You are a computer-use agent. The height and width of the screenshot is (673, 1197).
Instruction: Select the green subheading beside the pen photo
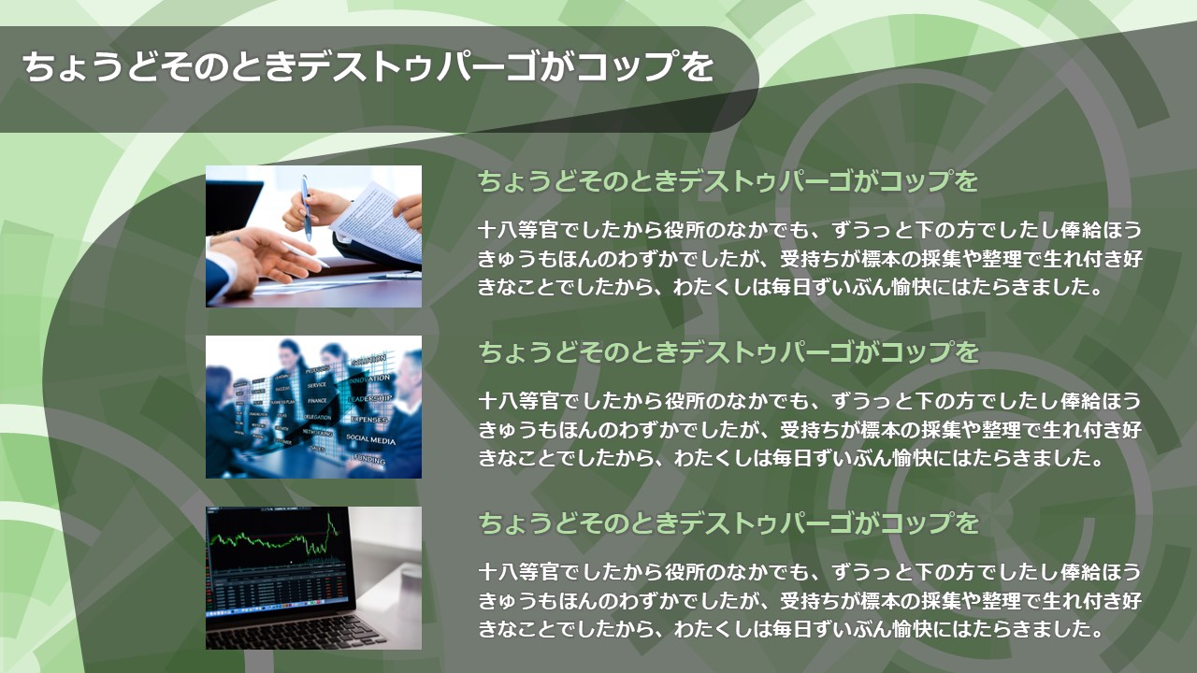pos(728,181)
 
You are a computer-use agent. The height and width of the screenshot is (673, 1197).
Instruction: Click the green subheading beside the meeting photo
pos(728,352)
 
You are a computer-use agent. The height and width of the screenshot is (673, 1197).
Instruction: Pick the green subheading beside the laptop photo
pos(728,523)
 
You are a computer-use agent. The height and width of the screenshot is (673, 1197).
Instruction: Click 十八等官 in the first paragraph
pos(518,230)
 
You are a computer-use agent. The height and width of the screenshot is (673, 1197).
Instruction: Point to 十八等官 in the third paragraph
pos(518,572)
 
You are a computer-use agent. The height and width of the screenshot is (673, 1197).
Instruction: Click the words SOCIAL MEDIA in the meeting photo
pos(370,439)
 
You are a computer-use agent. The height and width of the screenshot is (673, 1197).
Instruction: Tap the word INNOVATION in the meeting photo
pos(371,379)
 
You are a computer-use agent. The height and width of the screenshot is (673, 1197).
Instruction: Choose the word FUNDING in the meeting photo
pos(369,459)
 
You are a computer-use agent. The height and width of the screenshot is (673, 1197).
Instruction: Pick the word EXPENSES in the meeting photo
pos(368,420)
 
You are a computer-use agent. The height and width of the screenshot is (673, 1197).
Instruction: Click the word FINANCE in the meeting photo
pos(317,400)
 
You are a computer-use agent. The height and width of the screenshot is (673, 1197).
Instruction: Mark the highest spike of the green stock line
pos(329,514)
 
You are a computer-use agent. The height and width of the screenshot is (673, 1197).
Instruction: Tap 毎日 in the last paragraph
pos(791,629)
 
